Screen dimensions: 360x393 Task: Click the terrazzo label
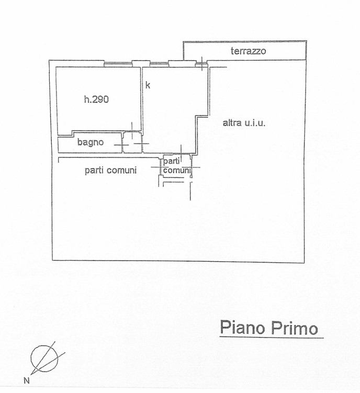pos(248,51)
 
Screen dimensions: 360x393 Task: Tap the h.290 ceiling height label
pos(96,99)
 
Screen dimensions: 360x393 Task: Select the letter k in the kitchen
pos(148,85)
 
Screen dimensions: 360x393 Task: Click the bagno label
pos(90,142)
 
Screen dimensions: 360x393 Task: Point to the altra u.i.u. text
pos(244,123)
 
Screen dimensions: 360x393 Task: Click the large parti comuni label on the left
pos(110,171)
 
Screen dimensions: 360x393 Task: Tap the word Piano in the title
pos(242,328)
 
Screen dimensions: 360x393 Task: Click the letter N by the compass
pos(26,381)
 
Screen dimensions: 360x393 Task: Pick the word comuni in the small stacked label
pos(177,171)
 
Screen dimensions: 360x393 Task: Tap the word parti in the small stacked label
pos(172,162)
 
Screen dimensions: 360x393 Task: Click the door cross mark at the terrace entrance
pos(202,64)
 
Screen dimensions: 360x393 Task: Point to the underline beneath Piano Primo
pos(272,338)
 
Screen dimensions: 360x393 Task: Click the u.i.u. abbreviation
pos(254,123)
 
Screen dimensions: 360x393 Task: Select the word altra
pos(232,123)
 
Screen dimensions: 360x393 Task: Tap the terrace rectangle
pos(245,51)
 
